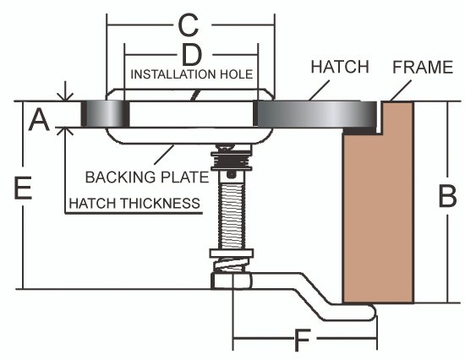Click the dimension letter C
coord(189,25)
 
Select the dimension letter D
coord(192,55)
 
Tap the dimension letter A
coord(39,119)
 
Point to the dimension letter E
coord(23,188)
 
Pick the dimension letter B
coord(447,196)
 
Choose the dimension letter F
coord(302,340)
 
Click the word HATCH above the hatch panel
coord(340,67)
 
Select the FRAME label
coord(423,67)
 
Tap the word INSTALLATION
coord(172,74)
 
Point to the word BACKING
coord(120,177)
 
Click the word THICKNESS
coord(160,204)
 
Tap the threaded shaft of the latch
coord(232,215)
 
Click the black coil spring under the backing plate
coord(232,161)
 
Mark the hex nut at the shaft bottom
coord(232,281)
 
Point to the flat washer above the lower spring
coord(232,254)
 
